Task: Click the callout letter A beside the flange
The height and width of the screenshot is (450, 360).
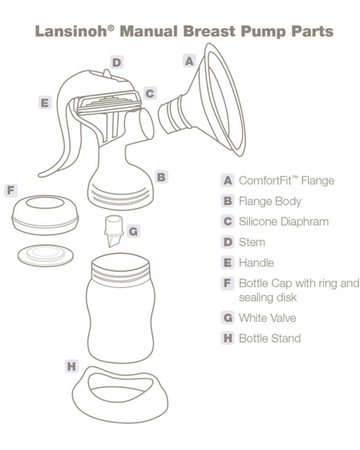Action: [189, 62]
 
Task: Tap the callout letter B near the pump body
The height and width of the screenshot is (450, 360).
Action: [161, 176]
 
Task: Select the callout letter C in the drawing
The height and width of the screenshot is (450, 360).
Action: [149, 93]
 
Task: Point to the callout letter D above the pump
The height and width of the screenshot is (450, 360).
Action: [117, 63]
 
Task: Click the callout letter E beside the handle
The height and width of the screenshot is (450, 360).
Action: [45, 103]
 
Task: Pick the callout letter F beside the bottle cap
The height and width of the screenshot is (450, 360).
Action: [10, 191]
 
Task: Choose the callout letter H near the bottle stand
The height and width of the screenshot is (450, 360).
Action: [71, 366]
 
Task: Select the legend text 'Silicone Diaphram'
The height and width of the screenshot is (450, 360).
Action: [283, 222]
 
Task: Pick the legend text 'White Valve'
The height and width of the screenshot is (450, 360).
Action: [267, 318]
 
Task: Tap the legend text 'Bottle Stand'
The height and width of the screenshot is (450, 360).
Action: [269, 338]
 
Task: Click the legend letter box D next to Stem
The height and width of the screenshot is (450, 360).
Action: [228, 243]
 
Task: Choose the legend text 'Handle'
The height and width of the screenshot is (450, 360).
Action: [256, 263]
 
